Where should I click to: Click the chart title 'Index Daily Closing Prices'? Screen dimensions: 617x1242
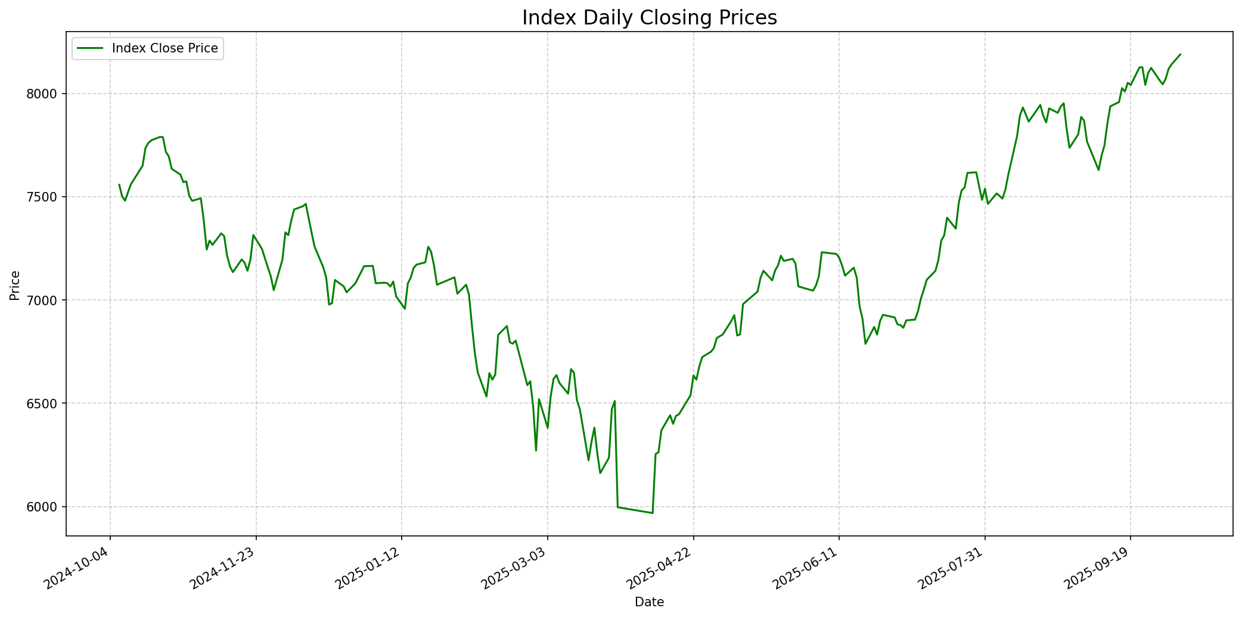pos(649,18)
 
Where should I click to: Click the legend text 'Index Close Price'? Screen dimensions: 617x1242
pos(165,48)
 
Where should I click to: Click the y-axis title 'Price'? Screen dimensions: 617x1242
pos(15,285)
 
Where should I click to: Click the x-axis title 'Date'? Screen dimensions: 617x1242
pos(649,602)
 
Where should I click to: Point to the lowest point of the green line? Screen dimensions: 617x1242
pos(653,513)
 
